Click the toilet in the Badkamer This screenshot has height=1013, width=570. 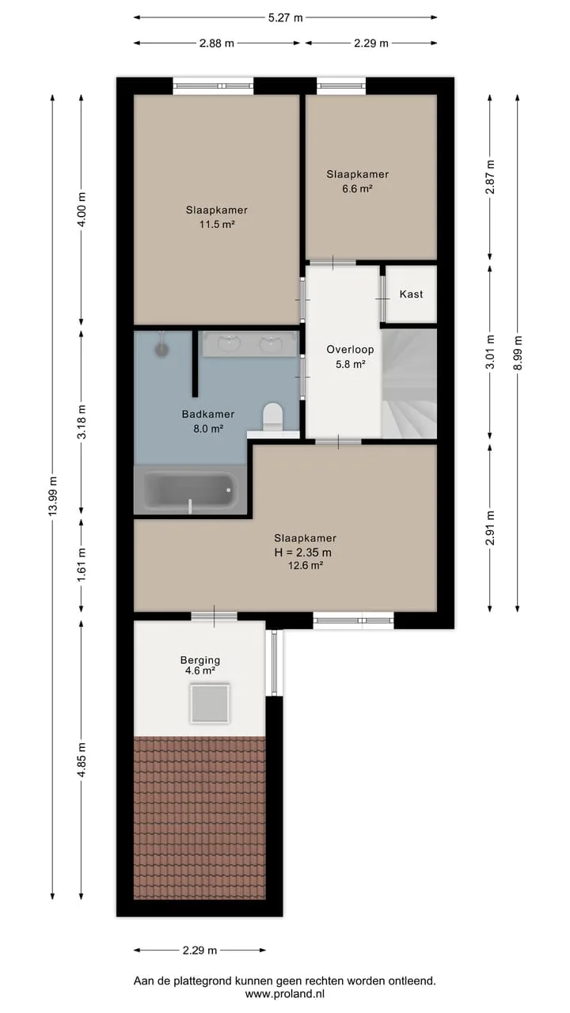click(273, 417)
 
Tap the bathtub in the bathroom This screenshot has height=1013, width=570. click(191, 490)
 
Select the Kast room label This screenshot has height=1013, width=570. click(411, 294)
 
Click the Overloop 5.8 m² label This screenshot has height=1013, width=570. click(350, 356)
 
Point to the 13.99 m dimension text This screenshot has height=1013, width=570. click(53, 496)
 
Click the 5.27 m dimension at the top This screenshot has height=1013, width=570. click(286, 18)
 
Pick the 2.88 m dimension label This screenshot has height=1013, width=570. click(217, 44)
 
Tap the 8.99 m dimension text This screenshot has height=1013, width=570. click(518, 353)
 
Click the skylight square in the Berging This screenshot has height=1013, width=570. click(210, 704)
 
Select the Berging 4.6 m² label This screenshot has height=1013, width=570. click(200, 666)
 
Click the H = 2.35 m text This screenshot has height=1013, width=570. click(303, 552)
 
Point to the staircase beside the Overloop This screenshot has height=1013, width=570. click(409, 384)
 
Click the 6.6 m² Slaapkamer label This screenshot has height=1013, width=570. click(357, 181)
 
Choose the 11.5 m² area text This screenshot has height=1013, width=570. click(217, 224)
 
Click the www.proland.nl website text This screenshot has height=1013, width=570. click(285, 993)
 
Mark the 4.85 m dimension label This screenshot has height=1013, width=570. click(82, 760)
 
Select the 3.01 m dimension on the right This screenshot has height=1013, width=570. click(490, 352)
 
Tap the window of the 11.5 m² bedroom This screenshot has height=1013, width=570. click(213, 86)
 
